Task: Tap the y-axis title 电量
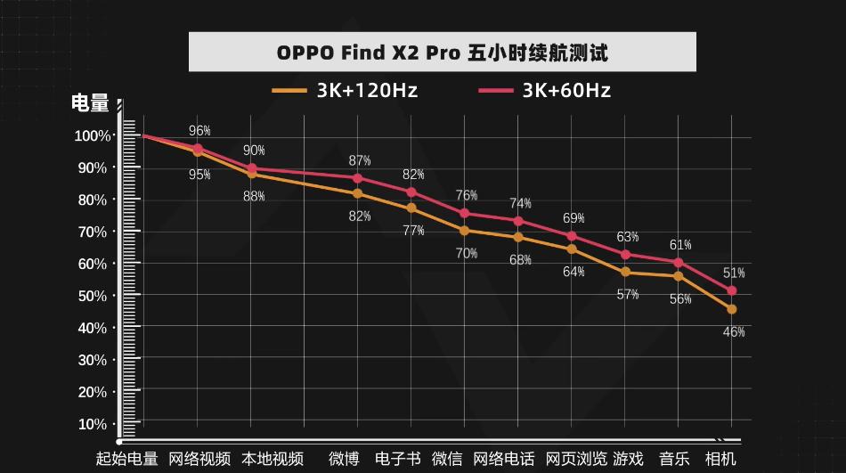point(90,104)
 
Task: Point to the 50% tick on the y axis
point(93,296)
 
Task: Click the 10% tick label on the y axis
point(93,424)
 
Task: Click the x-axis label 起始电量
point(126,459)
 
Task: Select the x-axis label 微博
point(344,459)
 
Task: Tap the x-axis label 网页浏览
point(576,459)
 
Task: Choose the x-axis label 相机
point(720,459)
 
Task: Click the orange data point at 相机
point(732,309)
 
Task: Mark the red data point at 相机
point(732,290)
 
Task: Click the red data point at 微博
point(358,177)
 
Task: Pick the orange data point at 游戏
point(626,272)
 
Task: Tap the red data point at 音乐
point(679,263)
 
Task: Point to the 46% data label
point(734,332)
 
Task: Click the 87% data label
point(360,160)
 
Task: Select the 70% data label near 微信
point(467,253)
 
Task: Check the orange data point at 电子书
point(411,208)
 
